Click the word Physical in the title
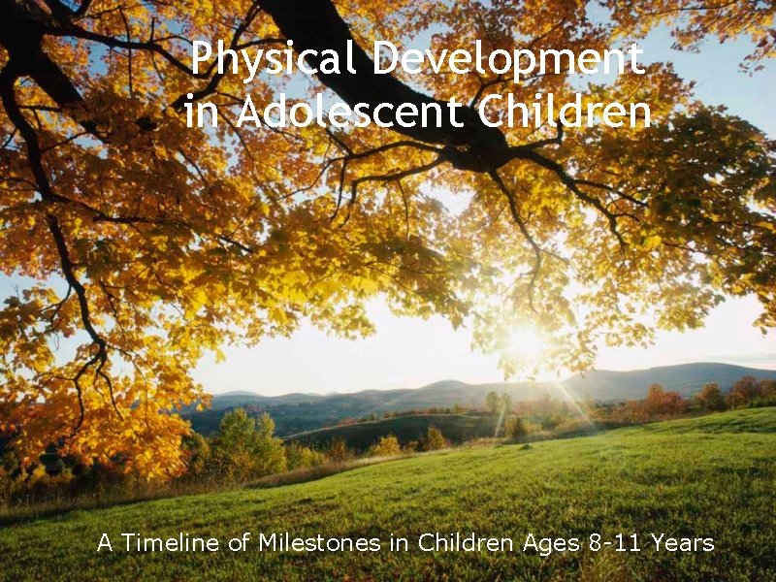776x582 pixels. pyautogui.click(x=275, y=60)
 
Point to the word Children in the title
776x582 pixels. pyautogui.click(x=565, y=113)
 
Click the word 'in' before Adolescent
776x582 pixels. pyautogui.click(x=202, y=113)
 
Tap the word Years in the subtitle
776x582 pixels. pyautogui.click(x=683, y=542)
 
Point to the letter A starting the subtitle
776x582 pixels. pyautogui.click(x=105, y=542)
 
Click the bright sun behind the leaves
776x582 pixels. pyautogui.click(x=527, y=341)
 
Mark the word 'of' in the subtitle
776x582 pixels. pyautogui.click(x=239, y=542)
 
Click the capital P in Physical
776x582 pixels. pyautogui.click(x=201, y=60)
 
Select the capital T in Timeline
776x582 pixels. pyautogui.click(x=126, y=542)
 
